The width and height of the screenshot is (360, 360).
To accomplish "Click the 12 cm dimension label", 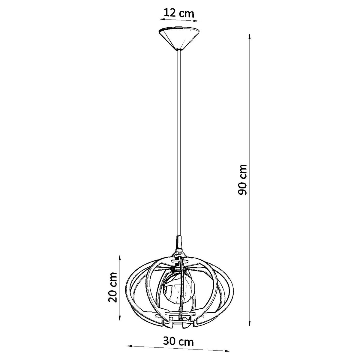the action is click(179, 13).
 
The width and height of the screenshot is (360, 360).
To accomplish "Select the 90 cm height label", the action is click(243, 180).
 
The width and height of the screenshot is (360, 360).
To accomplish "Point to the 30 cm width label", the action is click(178, 341).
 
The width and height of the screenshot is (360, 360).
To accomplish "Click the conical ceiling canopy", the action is click(179, 39).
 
